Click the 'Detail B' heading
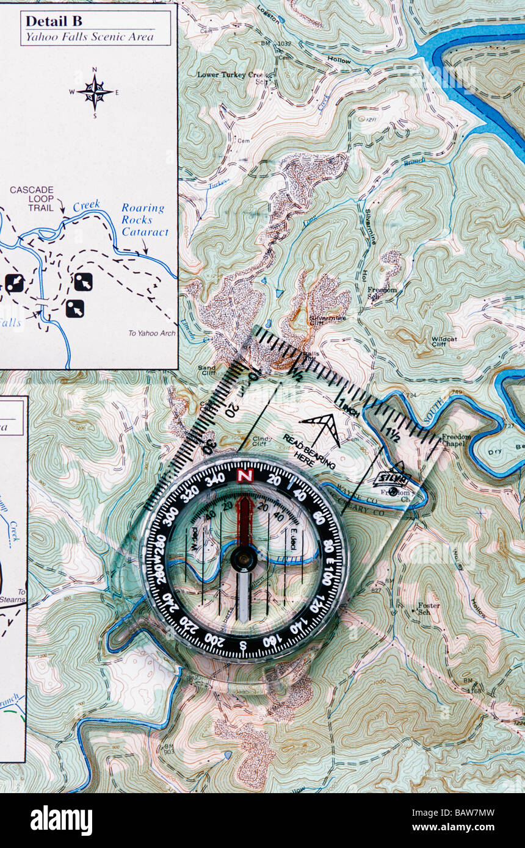[x=54, y=21]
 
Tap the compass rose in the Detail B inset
[x=94, y=92]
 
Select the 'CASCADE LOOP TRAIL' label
[x=32, y=199]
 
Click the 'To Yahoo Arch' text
[x=151, y=333]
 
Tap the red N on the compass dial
[x=245, y=475]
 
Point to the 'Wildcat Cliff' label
[x=444, y=342]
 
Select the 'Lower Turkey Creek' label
[x=231, y=75]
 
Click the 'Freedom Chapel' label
[x=456, y=440]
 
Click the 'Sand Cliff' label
[x=207, y=371]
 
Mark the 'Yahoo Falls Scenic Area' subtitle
[x=95, y=37]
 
